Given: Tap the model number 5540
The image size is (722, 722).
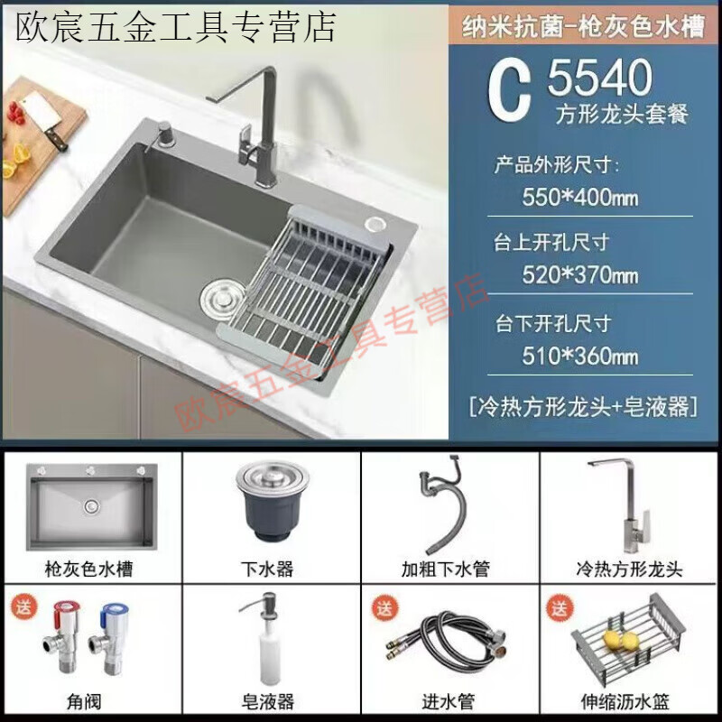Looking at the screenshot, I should click(599, 79).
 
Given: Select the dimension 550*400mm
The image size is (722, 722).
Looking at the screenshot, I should click(580, 196).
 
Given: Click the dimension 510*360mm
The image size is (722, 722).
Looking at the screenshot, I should click(580, 355).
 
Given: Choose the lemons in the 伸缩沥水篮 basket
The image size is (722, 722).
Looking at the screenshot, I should click(623, 639).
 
